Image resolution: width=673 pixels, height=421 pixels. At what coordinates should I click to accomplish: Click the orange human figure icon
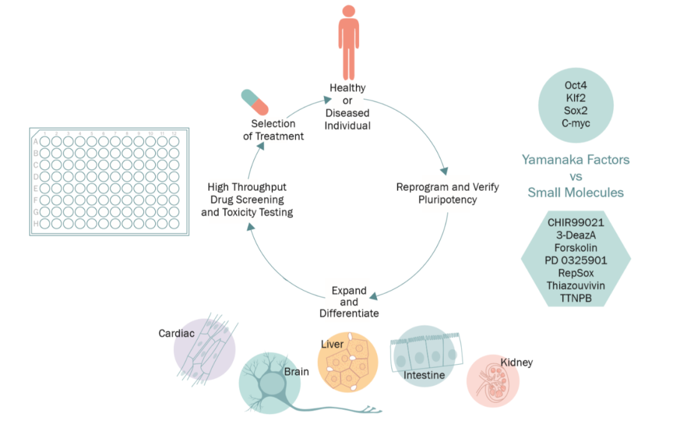349,47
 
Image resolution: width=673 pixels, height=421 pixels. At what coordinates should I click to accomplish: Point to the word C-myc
576,123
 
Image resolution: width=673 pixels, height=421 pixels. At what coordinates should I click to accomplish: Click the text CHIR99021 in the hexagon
576,223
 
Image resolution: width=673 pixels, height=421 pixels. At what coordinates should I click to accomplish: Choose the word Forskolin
576,248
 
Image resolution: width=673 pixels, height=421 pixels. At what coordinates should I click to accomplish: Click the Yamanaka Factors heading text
575,160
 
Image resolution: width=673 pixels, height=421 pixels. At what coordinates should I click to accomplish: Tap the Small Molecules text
575,192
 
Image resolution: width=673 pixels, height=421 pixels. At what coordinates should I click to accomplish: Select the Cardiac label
176,334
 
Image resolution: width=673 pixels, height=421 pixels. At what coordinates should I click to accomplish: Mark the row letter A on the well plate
36,142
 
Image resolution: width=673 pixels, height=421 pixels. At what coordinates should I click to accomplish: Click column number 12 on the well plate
174,133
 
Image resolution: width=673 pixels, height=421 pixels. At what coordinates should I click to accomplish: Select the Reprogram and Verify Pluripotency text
447,193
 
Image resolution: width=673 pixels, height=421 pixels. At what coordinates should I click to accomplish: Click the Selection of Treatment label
274,130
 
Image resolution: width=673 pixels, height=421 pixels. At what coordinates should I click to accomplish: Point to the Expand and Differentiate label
349,302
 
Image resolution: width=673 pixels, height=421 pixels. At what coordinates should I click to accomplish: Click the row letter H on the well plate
36,223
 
